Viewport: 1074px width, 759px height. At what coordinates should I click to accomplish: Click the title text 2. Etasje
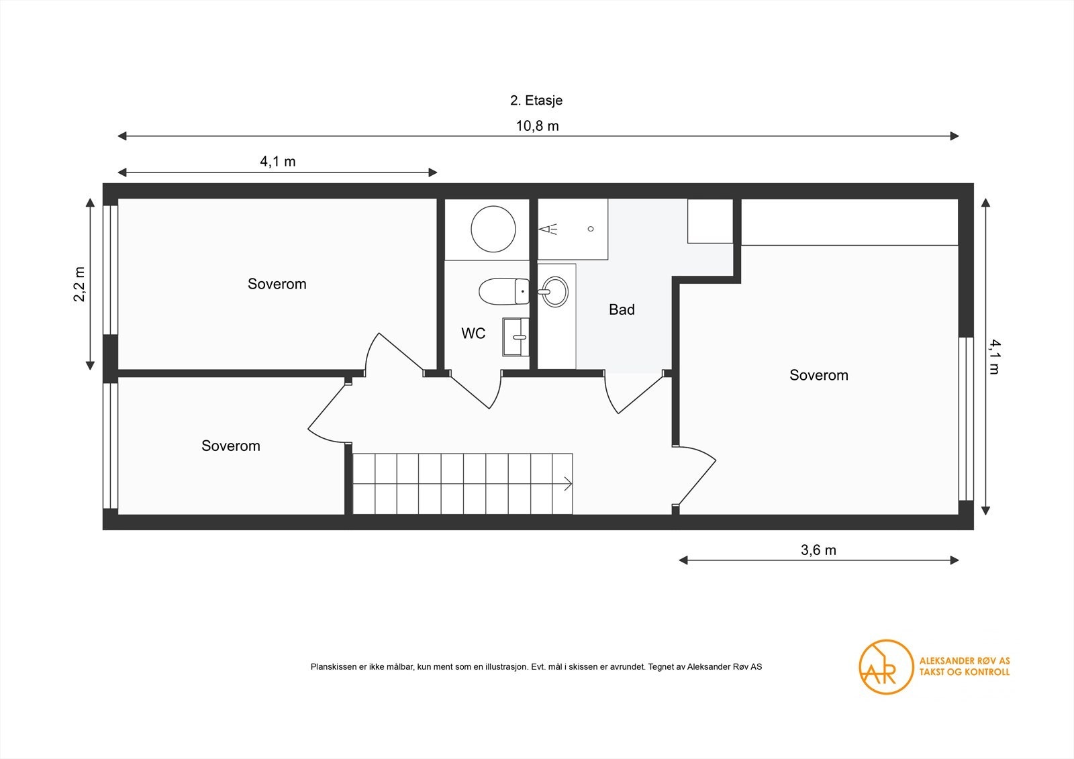click(x=536, y=101)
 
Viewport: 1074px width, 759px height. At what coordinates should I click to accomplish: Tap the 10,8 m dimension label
click(x=537, y=126)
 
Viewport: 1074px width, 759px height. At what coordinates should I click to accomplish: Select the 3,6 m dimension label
click(x=818, y=550)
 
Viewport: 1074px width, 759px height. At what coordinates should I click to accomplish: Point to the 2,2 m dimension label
click(x=79, y=284)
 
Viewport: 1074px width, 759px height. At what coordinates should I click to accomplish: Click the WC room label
click(x=473, y=334)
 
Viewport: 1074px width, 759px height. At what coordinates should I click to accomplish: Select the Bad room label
click(x=622, y=309)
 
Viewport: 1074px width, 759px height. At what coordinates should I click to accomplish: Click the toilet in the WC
click(x=503, y=291)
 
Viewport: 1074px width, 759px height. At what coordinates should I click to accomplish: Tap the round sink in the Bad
click(x=554, y=292)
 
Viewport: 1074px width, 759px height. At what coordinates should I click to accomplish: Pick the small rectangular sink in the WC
click(x=516, y=337)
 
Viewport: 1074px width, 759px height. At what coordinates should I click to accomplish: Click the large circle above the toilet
click(x=493, y=229)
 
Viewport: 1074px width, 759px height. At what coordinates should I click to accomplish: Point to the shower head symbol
click(x=548, y=230)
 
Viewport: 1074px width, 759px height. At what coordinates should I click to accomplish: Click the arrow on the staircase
click(x=567, y=483)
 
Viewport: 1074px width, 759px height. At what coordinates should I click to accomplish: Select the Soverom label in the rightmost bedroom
click(x=818, y=375)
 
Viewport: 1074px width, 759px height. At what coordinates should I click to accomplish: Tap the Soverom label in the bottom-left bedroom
click(x=230, y=446)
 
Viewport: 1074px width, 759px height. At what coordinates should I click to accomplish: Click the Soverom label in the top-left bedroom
click(x=277, y=284)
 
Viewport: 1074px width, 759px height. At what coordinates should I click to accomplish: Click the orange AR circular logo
click(x=886, y=666)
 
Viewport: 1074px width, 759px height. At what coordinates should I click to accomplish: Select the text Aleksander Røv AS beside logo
click(x=964, y=660)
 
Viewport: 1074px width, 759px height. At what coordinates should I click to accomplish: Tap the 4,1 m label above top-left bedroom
click(x=277, y=162)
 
